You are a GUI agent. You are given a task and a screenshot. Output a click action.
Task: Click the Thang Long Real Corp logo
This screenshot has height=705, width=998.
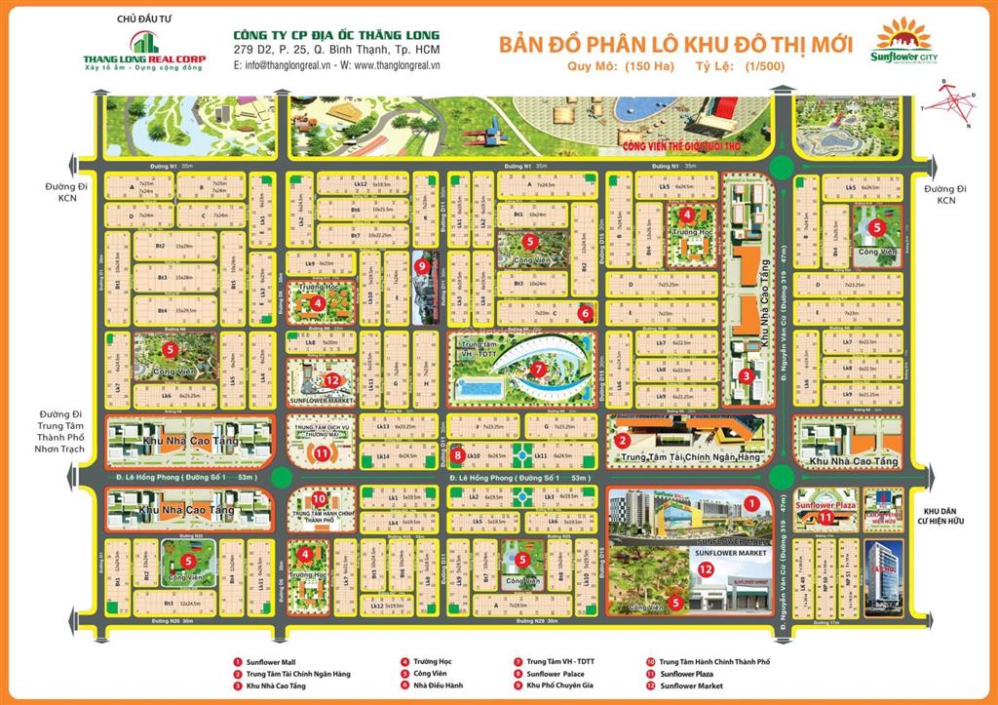pyautogui.click(x=143, y=50)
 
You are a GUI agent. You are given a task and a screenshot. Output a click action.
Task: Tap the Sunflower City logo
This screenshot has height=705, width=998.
pyautogui.click(x=902, y=43)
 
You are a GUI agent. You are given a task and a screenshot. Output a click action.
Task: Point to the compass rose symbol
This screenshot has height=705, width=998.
pyautogui.click(x=951, y=104)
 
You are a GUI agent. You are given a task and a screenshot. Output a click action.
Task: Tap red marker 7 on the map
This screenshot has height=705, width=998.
pyautogui.click(x=538, y=370)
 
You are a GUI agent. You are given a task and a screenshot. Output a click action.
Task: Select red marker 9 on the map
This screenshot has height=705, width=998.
pyautogui.click(x=421, y=265)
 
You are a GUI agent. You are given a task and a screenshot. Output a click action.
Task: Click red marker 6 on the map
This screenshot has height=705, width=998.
pyautogui.click(x=585, y=314)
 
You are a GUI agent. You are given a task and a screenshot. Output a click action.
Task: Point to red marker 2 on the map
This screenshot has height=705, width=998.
pyautogui.click(x=621, y=440)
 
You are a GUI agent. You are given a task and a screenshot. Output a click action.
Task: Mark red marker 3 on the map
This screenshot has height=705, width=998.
pyautogui.click(x=746, y=375)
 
